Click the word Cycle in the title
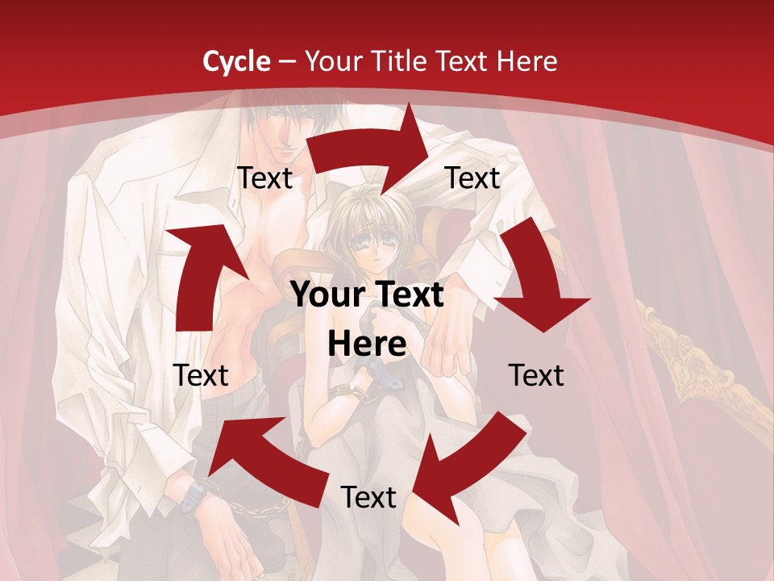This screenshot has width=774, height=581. tap(236, 61)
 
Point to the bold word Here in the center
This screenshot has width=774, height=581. tap(367, 345)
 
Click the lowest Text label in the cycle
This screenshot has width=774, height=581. tap(368, 498)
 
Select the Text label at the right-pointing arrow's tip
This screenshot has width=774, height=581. tap(472, 178)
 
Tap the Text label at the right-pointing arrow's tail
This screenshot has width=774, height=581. tap(264, 178)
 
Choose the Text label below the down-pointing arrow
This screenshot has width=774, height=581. tap(536, 375)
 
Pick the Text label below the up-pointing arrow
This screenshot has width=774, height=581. tap(201, 375)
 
